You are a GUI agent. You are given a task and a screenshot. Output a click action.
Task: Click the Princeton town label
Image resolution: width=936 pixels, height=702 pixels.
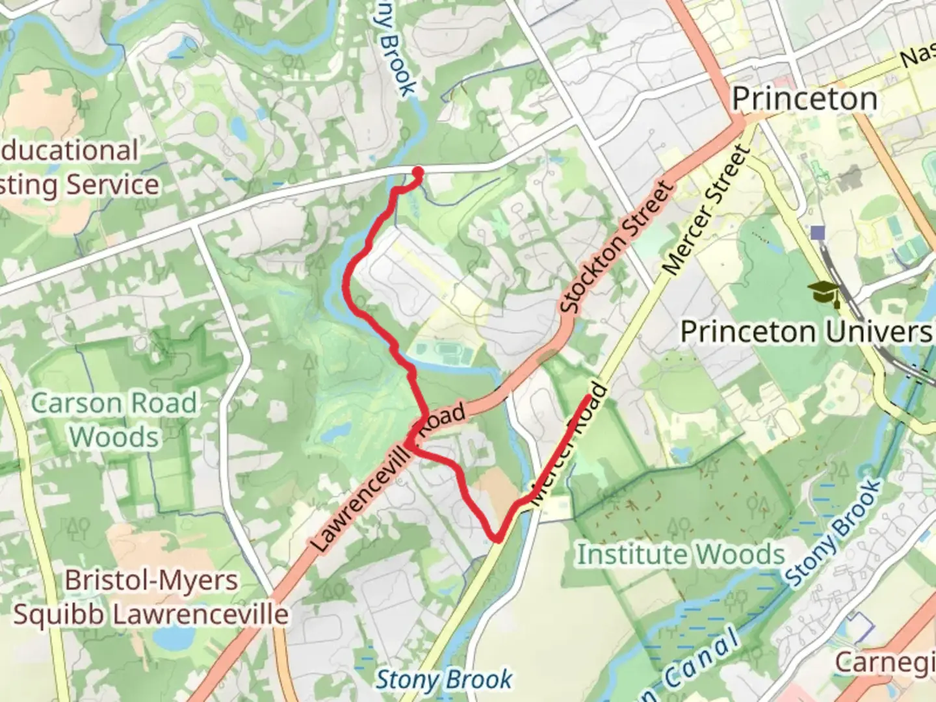coord(804,99)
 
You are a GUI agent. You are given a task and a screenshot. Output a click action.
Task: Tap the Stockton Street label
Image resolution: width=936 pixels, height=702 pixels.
coord(616,247)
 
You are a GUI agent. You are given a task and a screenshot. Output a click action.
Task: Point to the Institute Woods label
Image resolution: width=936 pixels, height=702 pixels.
coord(681,554)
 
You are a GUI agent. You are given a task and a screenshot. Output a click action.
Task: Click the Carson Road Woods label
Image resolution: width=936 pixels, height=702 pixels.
coord(114,420)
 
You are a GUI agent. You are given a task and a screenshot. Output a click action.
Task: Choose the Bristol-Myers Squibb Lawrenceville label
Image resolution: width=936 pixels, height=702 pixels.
coord(151,597)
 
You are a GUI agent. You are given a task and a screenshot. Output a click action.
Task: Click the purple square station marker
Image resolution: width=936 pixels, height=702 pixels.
coord(818,233)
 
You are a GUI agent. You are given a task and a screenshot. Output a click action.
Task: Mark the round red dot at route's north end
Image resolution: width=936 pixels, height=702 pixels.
coord(418,172)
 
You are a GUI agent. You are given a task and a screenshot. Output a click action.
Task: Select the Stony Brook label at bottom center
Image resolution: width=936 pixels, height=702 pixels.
coord(444,680)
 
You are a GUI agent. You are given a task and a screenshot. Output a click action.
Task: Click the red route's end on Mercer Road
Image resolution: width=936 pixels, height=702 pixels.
coord(589,396)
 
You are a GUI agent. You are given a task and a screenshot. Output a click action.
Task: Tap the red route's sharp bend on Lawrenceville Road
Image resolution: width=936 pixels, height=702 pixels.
coord(408,443)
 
